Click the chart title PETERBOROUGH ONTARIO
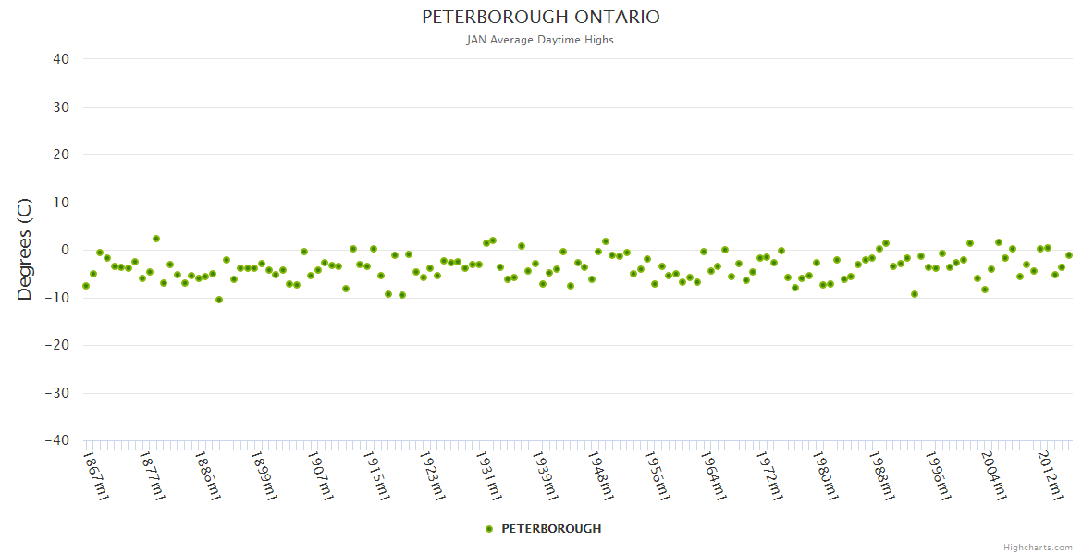[x=541, y=18]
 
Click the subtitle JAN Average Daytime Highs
[x=541, y=40]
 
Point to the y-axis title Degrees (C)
[x=25, y=249]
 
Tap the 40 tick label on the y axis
[x=61, y=59]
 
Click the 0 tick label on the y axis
[x=65, y=250]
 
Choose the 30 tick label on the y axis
[x=61, y=107]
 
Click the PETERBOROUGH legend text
[x=551, y=529]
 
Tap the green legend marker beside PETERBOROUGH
[x=489, y=529]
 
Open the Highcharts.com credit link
[x=1038, y=547]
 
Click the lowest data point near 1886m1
[x=219, y=300]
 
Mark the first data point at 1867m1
[x=86, y=286]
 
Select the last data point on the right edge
[x=1068, y=255]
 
